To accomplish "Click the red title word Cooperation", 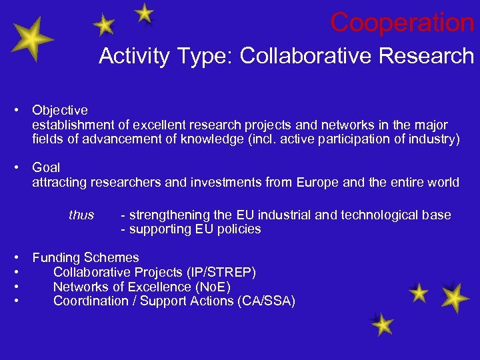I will pyautogui.click(x=402, y=23).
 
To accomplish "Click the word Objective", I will pyautogui.click(x=60, y=110).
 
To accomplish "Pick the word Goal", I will pyautogui.click(x=46, y=167).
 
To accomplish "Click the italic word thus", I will pyautogui.click(x=81, y=215).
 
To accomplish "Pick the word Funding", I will pyautogui.click(x=56, y=257).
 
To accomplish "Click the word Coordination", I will pyautogui.click(x=91, y=301).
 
